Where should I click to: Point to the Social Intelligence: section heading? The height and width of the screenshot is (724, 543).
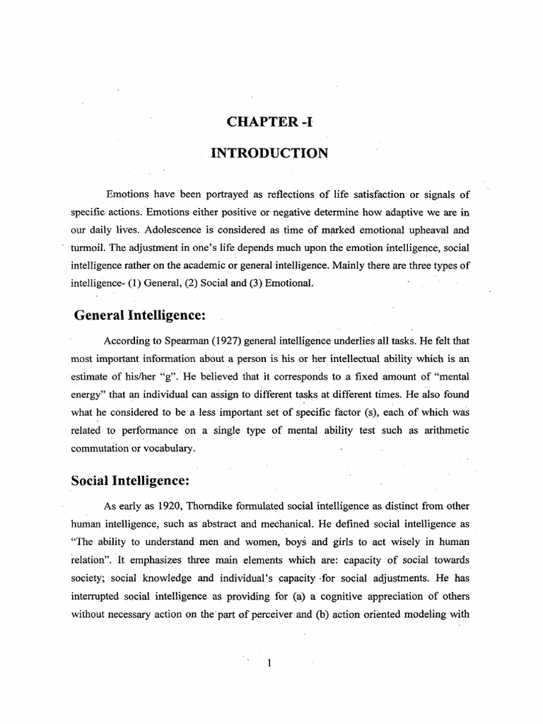click(x=130, y=481)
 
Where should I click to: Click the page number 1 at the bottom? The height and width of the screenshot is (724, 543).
click(x=270, y=662)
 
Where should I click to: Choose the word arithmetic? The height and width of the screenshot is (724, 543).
click(x=441, y=430)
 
